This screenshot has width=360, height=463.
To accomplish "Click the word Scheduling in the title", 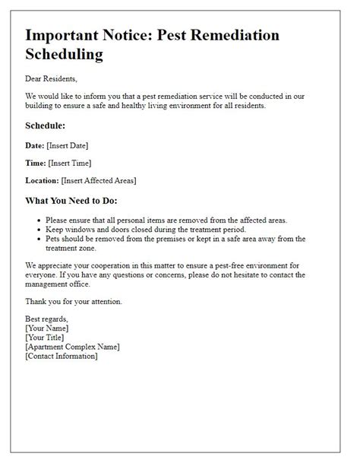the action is pyautogui.click(x=64, y=55).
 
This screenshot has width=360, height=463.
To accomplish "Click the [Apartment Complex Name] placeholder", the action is pyautogui.click(x=72, y=347).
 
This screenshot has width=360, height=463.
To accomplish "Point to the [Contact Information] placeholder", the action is pyautogui.click(x=61, y=357).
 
